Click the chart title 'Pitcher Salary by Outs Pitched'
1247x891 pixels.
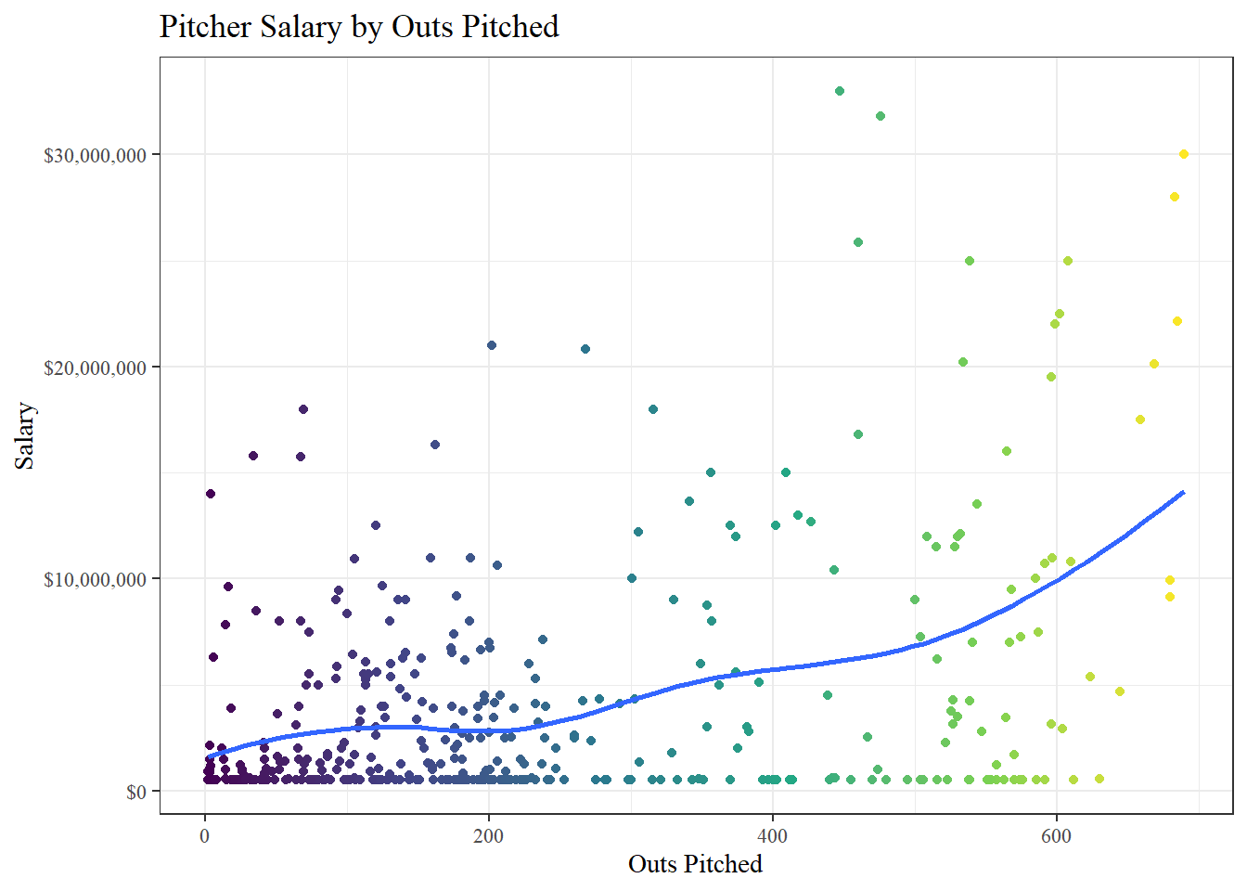(x=359, y=26)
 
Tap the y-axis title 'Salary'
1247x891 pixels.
(x=24, y=435)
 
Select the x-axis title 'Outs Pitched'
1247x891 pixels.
(x=695, y=864)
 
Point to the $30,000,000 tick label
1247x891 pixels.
(x=95, y=155)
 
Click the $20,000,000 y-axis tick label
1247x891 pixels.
(x=95, y=368)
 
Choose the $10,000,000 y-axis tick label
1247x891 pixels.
(x=95, y=579)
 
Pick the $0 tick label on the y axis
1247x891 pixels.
(x=135, y=792)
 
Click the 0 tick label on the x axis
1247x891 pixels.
(x=205, y=835)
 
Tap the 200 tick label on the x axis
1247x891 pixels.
(x=489, y=835)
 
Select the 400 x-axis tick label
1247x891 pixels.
(x=772, y=835)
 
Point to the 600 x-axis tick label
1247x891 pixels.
(x=1056, y=835)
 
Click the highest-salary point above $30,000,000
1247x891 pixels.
(x=840, y=91)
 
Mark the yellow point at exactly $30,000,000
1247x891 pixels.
(x=1184, y=154)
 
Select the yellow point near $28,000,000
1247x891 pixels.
(x=1175, y=197)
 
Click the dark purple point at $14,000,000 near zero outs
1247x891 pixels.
(x=211, y=494)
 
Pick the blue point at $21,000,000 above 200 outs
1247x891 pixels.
(x=492, y=345)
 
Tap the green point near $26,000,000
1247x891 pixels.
(x=858, y=242)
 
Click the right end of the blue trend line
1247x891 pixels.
(x=1184, y=492)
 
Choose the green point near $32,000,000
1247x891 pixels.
(x=881, y=116)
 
